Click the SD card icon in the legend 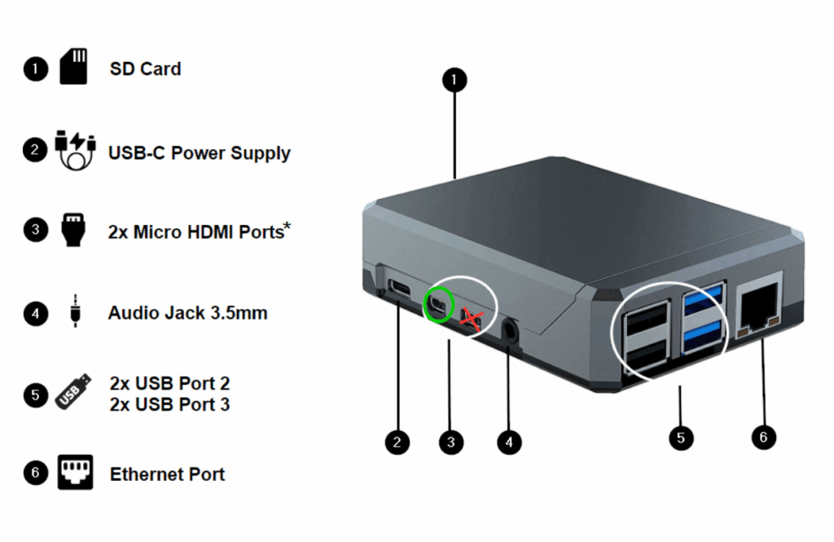coord(73,67)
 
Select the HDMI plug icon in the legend coord(73,230)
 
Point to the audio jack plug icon coord(75,311)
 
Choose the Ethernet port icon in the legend coord(75,473)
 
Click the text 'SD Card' coord(145,68)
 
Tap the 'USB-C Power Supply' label coord(199,152)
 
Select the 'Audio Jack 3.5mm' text coord(187,313)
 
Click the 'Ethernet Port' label coord(167,474)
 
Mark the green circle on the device coord(438,305)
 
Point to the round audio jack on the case coord(511,330)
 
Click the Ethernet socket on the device coord(757,309)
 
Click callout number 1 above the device coord(454,79)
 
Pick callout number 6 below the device coord(763,437)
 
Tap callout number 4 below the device coord(509,442)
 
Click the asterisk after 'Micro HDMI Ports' coord(287,225)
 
